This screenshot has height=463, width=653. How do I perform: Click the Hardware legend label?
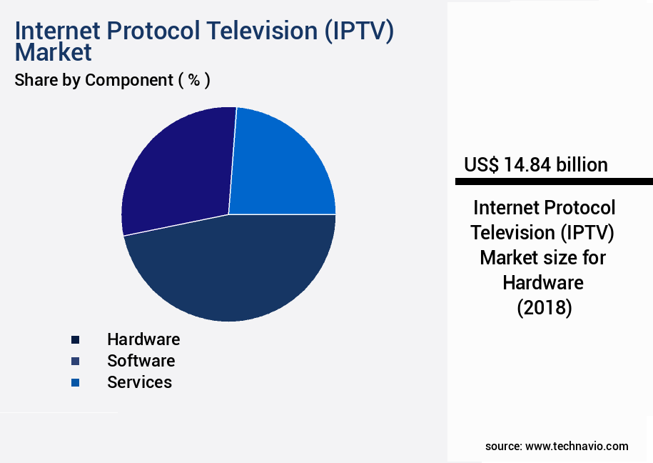click(143, 339)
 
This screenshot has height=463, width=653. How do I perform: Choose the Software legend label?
click(141, 361)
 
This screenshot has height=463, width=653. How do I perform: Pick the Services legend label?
click(139, 382)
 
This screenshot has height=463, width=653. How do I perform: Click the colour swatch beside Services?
click(75, 383)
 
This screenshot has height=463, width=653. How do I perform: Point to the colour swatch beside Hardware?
click(75, 340)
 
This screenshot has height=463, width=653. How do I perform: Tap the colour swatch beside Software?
click(75, 362)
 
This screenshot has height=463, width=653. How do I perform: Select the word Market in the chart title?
click(54, 52)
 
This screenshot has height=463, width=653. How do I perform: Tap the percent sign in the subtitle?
click(193, 80)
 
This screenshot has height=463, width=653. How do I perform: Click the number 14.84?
click(528, 165)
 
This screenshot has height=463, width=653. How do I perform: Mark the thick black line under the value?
click(554, 181)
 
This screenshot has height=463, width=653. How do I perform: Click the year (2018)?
click(543, 308)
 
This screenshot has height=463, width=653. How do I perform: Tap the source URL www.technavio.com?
click(577, 446)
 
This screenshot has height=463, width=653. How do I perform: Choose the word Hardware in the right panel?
click(543, 283)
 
